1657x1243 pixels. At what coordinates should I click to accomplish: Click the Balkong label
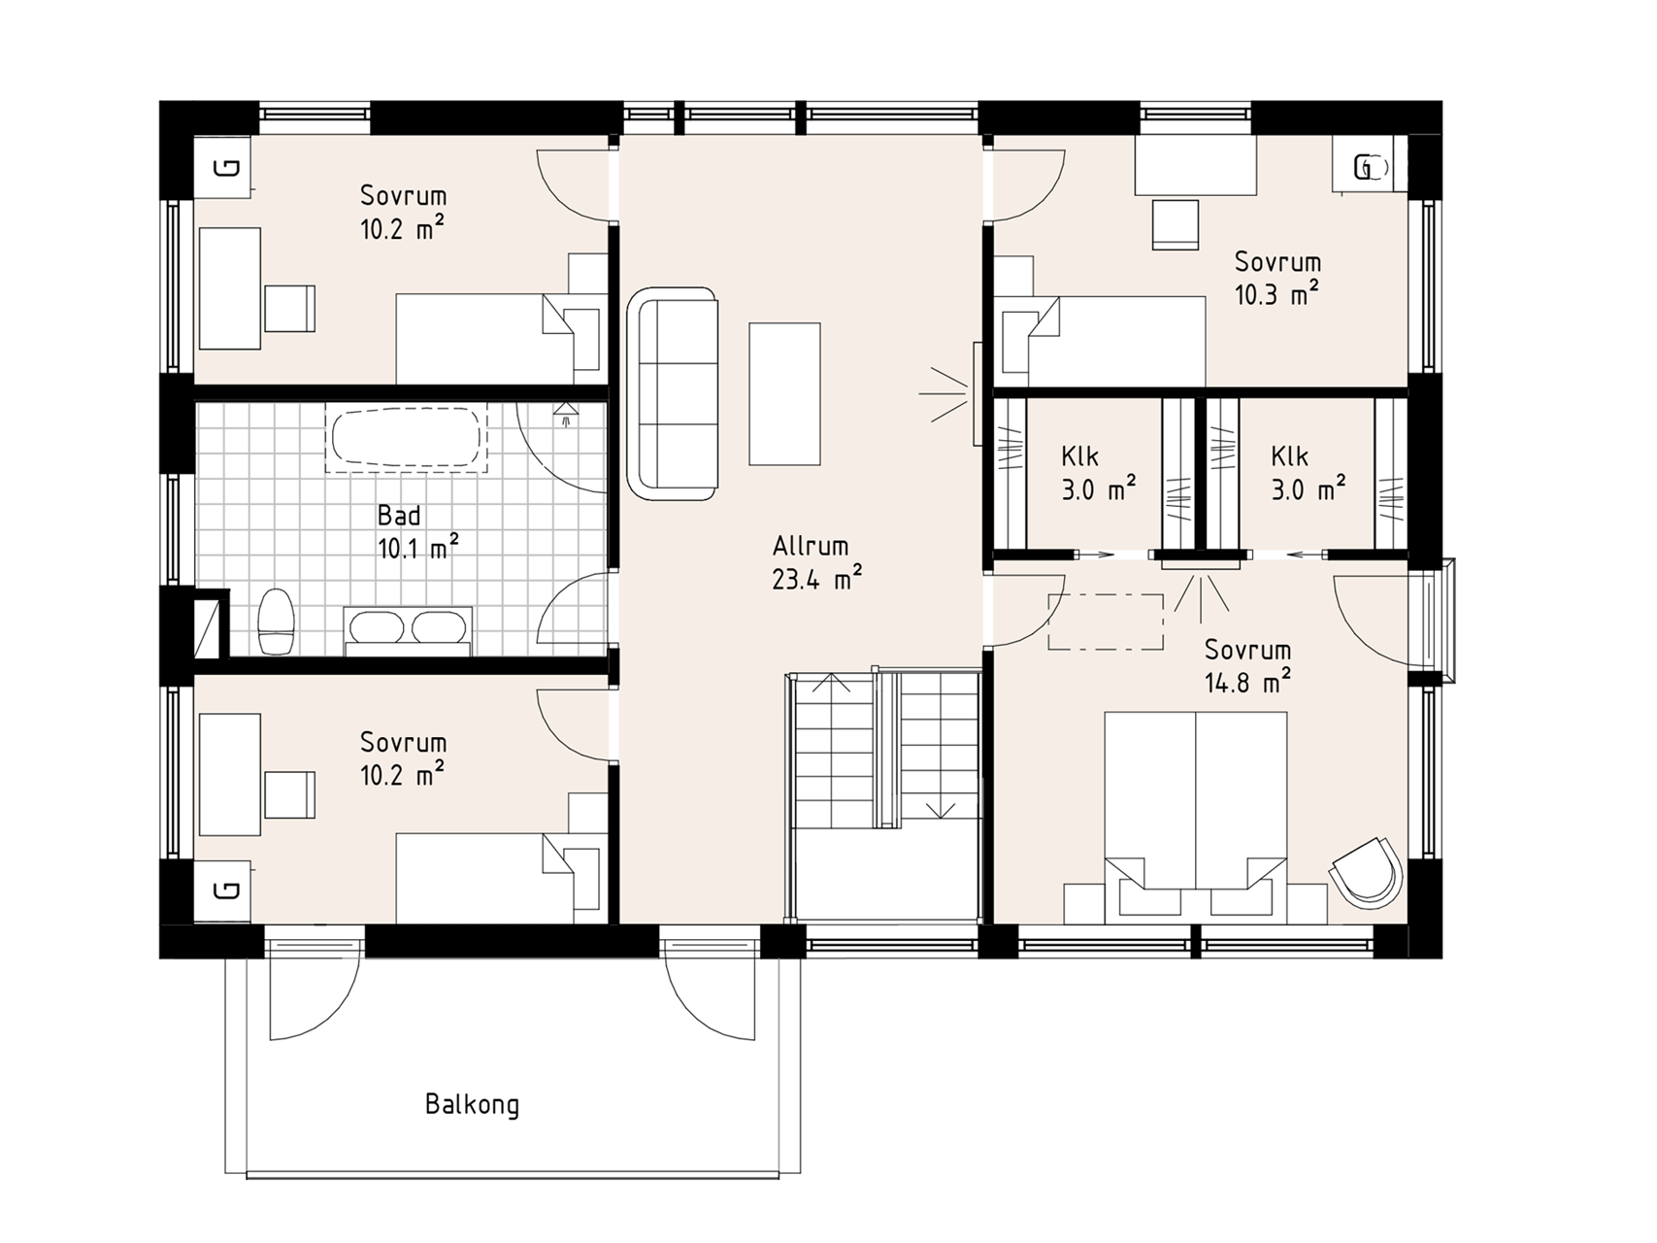[472, 1105]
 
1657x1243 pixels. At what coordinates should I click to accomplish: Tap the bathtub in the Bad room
[407, 439]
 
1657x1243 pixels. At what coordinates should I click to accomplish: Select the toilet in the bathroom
[277, 621]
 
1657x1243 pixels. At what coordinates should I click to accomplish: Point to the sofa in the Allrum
[674, 393]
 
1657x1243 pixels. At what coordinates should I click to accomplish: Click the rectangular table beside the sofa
[784, 393]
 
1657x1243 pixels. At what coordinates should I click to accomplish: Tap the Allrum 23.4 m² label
[817, 562]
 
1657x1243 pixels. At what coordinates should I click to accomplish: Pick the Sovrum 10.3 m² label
[1277, 278]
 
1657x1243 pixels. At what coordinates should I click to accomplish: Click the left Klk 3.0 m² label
[1098, 473]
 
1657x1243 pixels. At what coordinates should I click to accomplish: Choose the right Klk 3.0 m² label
[1308, 473]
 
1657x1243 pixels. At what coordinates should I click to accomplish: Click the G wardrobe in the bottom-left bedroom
[223, 890]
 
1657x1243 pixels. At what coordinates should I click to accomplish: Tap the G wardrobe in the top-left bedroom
[223, 168]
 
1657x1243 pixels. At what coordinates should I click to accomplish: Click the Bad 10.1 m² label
[417, 531]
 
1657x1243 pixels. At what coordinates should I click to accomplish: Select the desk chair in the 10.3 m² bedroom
[1175, 224]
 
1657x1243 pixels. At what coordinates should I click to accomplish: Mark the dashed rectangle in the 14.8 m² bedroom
[1106, 621]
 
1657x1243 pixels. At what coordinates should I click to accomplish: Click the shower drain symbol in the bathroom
[565, 415]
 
